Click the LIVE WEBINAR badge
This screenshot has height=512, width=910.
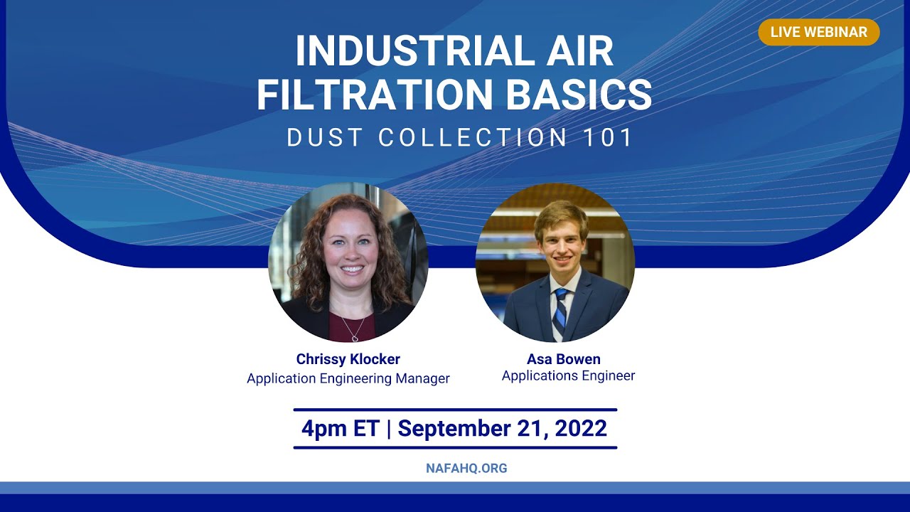[x=818, y=32]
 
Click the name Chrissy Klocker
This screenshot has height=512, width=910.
[x=348, y=359]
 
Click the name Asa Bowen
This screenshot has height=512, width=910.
[x=564, y=359]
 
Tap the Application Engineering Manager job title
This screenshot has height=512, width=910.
[x=348, y=378]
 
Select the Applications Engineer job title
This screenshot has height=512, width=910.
[x=568, y=375]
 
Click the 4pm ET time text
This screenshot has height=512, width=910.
[x=340, y=428]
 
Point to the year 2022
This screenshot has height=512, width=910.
[x=581, y=428]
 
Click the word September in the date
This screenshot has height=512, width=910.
[x=463, y=428]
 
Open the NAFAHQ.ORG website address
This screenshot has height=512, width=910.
[x=466, y=469]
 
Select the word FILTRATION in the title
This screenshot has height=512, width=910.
[x=374, y=95]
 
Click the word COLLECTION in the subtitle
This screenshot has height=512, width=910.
[x=473, y=138]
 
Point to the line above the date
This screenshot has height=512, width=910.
[x=455, y=410]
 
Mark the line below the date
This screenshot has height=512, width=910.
[x=455, y=447]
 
